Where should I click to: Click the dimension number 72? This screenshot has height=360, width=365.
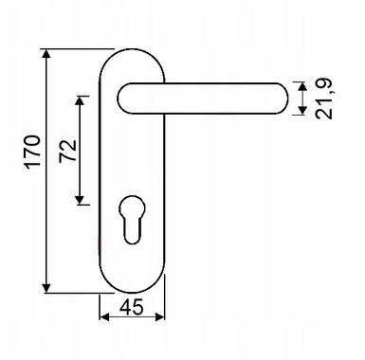(x=68, y=151)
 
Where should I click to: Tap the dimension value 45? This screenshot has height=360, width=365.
(x=132, y=307)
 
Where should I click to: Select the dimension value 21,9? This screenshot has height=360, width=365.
(x=324, y=99)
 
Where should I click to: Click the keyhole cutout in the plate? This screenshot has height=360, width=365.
(x=132, y=220)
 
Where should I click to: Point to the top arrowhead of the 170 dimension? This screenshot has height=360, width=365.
(x=46, y=54)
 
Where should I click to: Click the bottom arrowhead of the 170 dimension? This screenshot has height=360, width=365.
(x=46, y=288)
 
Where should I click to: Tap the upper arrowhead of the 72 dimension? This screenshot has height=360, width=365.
(x=80, y=101)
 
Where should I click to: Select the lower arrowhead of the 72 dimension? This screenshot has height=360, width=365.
(x=80, y=200)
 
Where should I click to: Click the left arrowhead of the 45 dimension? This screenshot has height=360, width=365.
(x=104, y=316)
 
